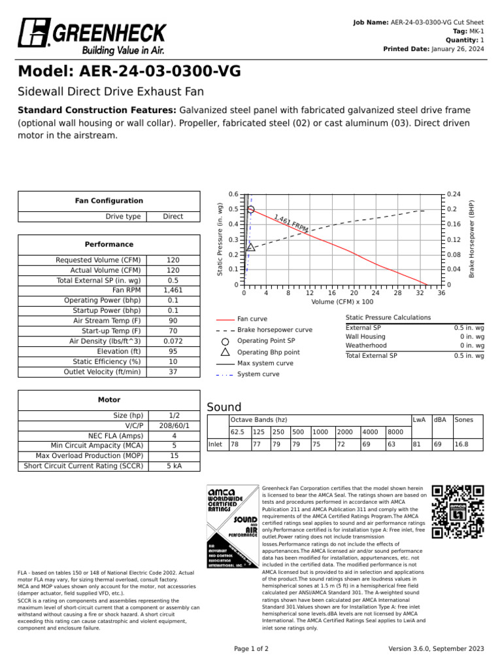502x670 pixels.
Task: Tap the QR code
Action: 458,511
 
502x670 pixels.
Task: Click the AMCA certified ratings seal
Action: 232,527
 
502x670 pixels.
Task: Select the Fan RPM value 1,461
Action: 173,289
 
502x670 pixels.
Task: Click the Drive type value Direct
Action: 173,217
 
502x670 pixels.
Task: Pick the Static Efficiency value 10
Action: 173,361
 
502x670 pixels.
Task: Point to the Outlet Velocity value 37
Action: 173,372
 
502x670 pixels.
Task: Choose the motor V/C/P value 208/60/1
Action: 173,425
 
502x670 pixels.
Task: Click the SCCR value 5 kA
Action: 173,466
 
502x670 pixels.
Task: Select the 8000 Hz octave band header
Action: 395,432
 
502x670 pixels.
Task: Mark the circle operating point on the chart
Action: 251,209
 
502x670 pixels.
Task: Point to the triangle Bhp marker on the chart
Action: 251,247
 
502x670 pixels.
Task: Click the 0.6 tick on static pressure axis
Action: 234,194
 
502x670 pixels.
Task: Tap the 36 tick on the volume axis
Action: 441,293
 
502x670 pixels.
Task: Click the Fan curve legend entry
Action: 252,319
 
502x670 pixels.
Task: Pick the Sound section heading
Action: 224,407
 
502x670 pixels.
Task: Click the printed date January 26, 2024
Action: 458,49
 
